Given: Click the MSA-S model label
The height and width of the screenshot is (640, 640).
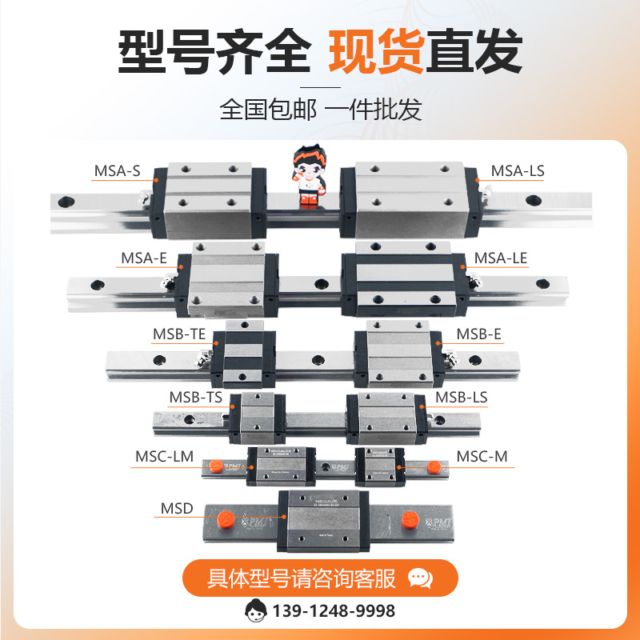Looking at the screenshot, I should click(x=117, y=170).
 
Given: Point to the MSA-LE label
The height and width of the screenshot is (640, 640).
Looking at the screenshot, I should click(x=501, y=258).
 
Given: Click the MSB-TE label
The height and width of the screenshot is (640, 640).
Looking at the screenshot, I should click(x=179, y=334).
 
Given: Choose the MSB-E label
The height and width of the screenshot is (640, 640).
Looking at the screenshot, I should click(x=478, y=334).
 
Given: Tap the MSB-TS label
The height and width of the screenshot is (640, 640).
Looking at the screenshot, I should click(x=195, y=397).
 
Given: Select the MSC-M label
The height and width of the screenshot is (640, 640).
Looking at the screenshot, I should click(x=482, y=456).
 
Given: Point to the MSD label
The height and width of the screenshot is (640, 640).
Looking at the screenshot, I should click(x=177, y=508).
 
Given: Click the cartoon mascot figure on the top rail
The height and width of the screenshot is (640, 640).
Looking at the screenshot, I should click(x=306, y=179).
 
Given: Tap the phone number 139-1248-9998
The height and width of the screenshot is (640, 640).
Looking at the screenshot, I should click(x=334, y=611).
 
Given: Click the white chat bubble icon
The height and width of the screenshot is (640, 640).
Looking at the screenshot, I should click(x=420, y=578).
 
